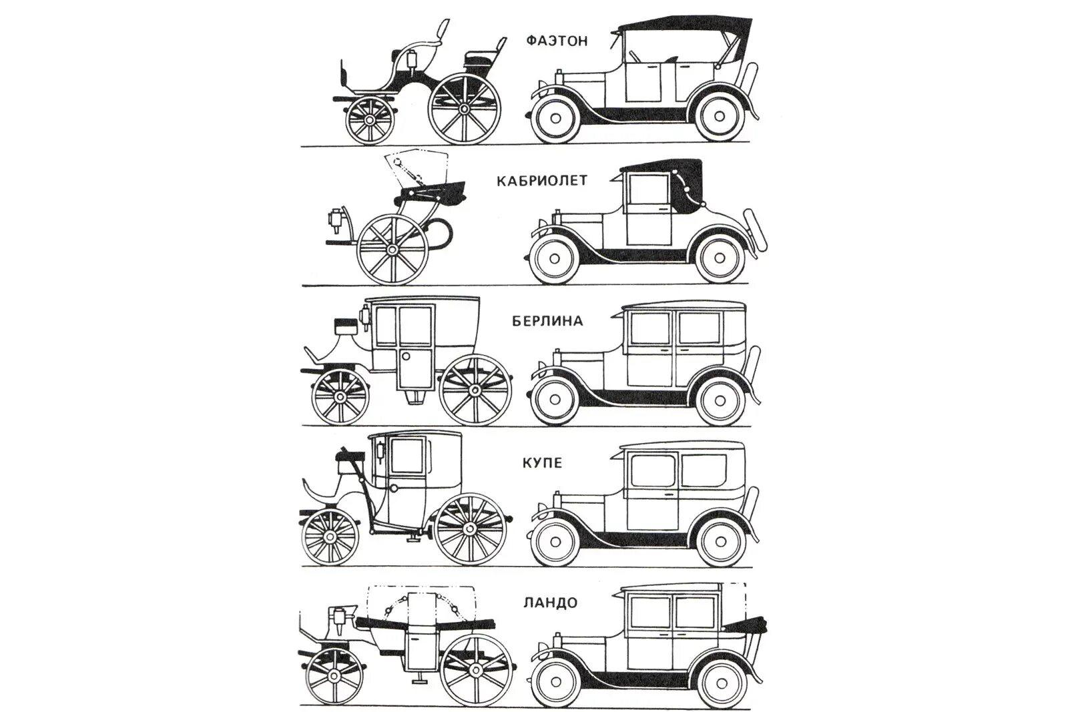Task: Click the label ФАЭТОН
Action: [557, 41]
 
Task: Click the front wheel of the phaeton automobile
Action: [553, 118]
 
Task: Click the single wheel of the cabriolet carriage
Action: [392, 250]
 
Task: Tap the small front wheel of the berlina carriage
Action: [340, 396]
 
